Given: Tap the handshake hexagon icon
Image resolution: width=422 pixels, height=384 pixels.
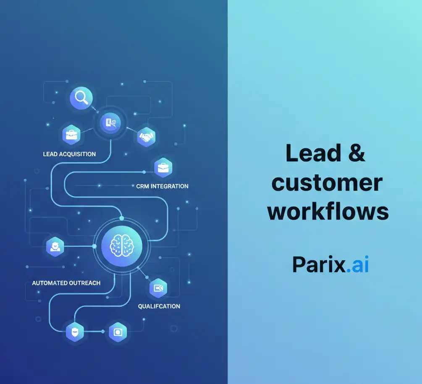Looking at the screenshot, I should click(146, 136).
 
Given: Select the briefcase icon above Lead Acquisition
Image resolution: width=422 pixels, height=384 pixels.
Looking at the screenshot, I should click(71, 135).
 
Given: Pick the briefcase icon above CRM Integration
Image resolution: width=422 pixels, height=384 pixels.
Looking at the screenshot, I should click(163, 168).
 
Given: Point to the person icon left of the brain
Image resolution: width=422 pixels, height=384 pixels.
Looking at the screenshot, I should click(55, 246).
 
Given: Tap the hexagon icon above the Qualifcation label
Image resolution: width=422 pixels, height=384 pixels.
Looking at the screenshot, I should click(158, 288).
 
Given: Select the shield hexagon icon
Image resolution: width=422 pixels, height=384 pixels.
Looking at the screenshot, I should click(75, 332).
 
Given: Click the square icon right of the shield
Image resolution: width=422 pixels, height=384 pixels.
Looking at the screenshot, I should click(118, 332).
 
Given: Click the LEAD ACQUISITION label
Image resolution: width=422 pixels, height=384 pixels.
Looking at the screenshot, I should click(69, 154).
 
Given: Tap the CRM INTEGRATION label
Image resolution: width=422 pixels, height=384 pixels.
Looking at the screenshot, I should click(162, 186).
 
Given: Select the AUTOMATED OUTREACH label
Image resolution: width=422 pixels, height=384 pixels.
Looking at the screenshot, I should click(66, 283).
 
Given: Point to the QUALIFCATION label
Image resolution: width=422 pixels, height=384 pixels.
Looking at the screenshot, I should click(159, 306).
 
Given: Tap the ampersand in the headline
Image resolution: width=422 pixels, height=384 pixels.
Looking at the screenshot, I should click(357, 153).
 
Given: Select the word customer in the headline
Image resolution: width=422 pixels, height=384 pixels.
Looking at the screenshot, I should click(327, 183).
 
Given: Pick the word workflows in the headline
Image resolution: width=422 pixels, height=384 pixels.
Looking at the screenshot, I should click(328, 212).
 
